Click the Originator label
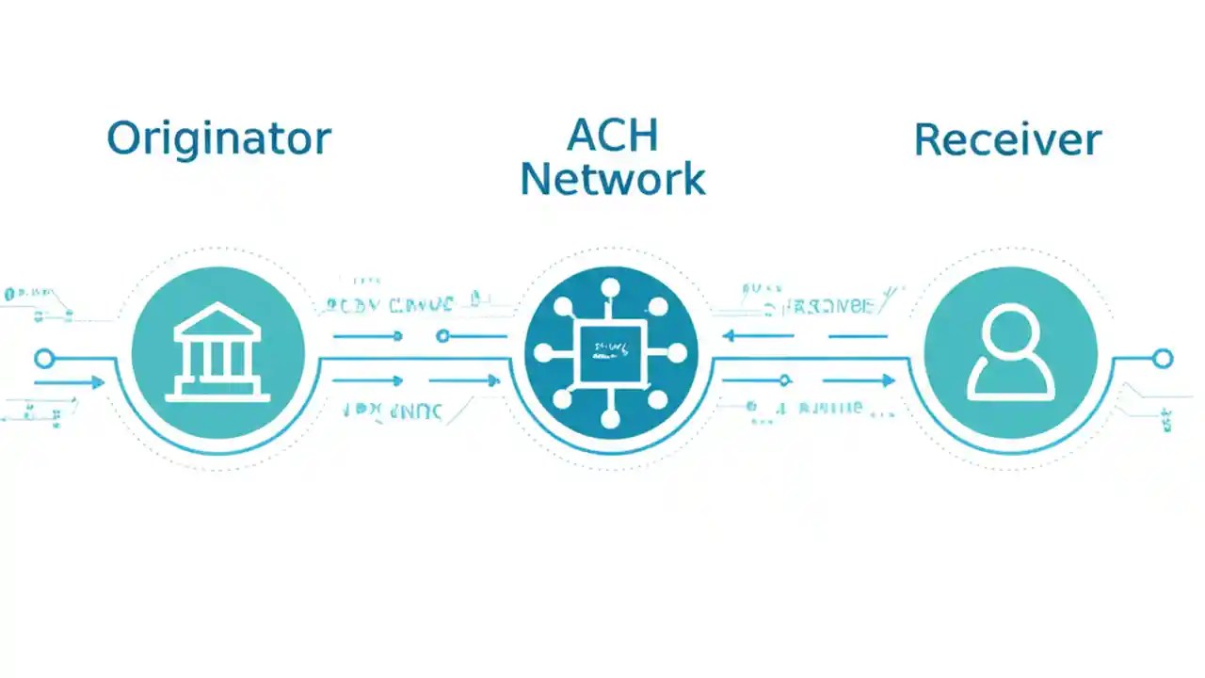(x=218, y=138)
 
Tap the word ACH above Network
(x=612, y=137)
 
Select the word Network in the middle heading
(x=612, y=179)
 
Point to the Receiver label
(x=1007, y=140)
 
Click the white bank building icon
(x=217, y=352)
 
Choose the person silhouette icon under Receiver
(x=1011, y=353)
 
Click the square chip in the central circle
(x=611, y=353)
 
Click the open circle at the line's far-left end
(x=43, y=358)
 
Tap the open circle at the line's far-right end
(x=1163, y=358)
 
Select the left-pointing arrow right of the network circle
(x=730, y=335)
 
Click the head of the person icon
(x=1011, y=331)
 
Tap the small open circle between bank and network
(x=443, y=335)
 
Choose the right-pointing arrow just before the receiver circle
(x=886, y=380)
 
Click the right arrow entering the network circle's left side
(x=492, y=380)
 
